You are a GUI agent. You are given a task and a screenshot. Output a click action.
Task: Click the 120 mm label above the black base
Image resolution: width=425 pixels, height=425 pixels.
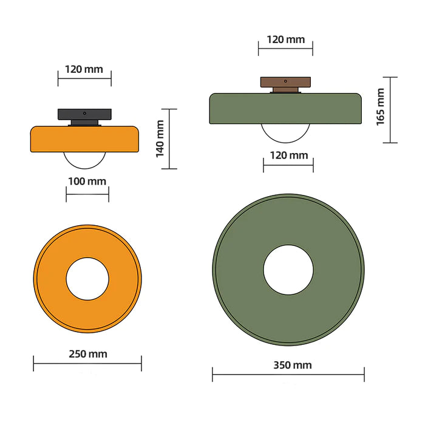click(84, 69)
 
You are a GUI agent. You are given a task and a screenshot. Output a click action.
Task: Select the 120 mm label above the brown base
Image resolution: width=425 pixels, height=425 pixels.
click(285, 39)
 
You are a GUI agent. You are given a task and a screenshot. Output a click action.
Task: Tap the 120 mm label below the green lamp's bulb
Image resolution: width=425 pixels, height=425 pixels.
click(288, 155)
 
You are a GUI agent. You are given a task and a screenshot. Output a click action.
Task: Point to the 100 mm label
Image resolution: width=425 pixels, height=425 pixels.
click(87, 181)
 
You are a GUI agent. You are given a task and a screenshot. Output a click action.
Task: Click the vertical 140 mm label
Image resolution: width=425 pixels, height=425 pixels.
click(160, 138)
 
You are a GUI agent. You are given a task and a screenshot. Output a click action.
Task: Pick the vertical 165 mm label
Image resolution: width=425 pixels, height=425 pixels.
click(380, 107)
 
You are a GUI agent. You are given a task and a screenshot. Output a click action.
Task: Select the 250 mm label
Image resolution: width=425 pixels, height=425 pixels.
click(87, 353)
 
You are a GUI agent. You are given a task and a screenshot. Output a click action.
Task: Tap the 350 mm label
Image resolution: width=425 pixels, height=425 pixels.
click(288, 365)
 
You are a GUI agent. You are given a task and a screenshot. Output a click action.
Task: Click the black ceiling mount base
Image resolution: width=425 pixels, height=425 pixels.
click(85, 114)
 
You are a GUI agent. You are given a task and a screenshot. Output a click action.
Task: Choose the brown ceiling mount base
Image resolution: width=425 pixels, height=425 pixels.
click(285, 81)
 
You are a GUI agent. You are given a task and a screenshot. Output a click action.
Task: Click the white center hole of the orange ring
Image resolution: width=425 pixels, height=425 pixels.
click(87, 279)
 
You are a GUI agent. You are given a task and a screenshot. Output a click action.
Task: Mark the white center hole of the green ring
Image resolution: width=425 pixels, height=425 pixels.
click(288, 270)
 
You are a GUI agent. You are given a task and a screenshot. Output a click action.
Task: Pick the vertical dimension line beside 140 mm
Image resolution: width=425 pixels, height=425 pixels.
click(169, 138)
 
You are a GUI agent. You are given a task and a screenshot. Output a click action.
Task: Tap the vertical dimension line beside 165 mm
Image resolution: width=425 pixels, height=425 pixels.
click(390, 110)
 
